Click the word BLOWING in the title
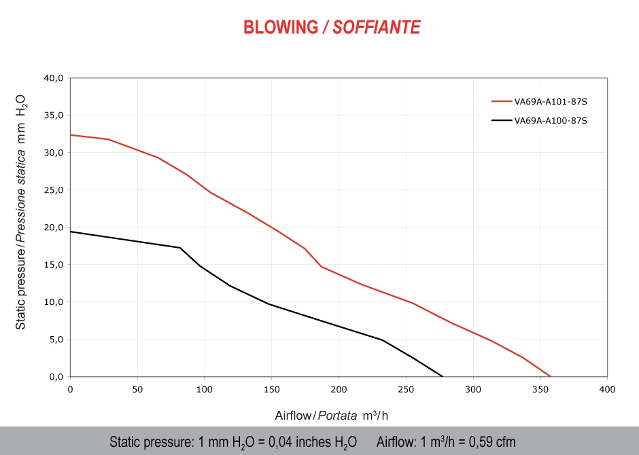coord(281,27)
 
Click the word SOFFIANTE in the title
coord(377,27)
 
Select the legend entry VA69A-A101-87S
coord(550,101)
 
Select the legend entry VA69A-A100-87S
coord(550,121)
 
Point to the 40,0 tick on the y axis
coord(53,78)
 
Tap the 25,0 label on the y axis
coord(53,190)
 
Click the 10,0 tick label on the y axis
coord(53,302)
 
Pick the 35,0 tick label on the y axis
coord(53,115)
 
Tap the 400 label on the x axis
coord(607,389)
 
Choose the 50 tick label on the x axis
coord(137,389)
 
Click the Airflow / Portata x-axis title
coord(332,415)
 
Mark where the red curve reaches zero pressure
coord(550,376)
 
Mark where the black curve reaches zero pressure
coord(443,376)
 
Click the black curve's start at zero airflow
coord(71,232)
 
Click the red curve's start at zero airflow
coord(71,134)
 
